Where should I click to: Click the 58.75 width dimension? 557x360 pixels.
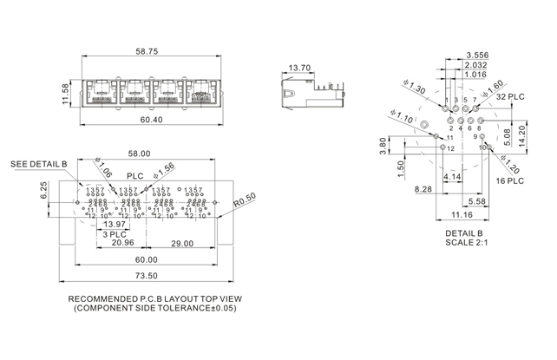click(x=146, y=52)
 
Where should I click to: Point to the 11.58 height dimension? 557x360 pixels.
click(x=66, y=93)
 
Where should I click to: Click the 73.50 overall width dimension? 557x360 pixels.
click(x=146, y=277)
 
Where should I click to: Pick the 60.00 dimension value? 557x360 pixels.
click(x=146, y=259)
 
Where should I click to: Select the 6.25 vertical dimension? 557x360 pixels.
click(x=43, y=190)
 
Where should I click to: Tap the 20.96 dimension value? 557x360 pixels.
click(x=122, y=243)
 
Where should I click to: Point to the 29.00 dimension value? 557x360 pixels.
click(x=182, y=243)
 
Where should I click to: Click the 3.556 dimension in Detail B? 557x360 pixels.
click(x=475, y=55)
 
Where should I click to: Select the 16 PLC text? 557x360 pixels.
click(x=511, y=180)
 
